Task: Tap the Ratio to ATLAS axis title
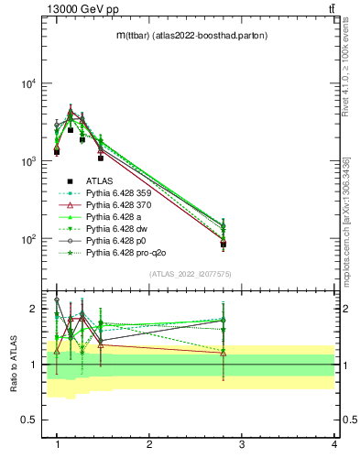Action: point(13,364)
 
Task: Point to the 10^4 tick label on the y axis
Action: point(27,83)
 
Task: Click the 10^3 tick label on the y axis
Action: point(27,161)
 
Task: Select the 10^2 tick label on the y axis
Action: point(27,239)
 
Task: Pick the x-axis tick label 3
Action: point(242,444)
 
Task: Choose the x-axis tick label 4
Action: point(333,444)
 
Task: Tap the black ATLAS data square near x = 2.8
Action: point(224,245)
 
